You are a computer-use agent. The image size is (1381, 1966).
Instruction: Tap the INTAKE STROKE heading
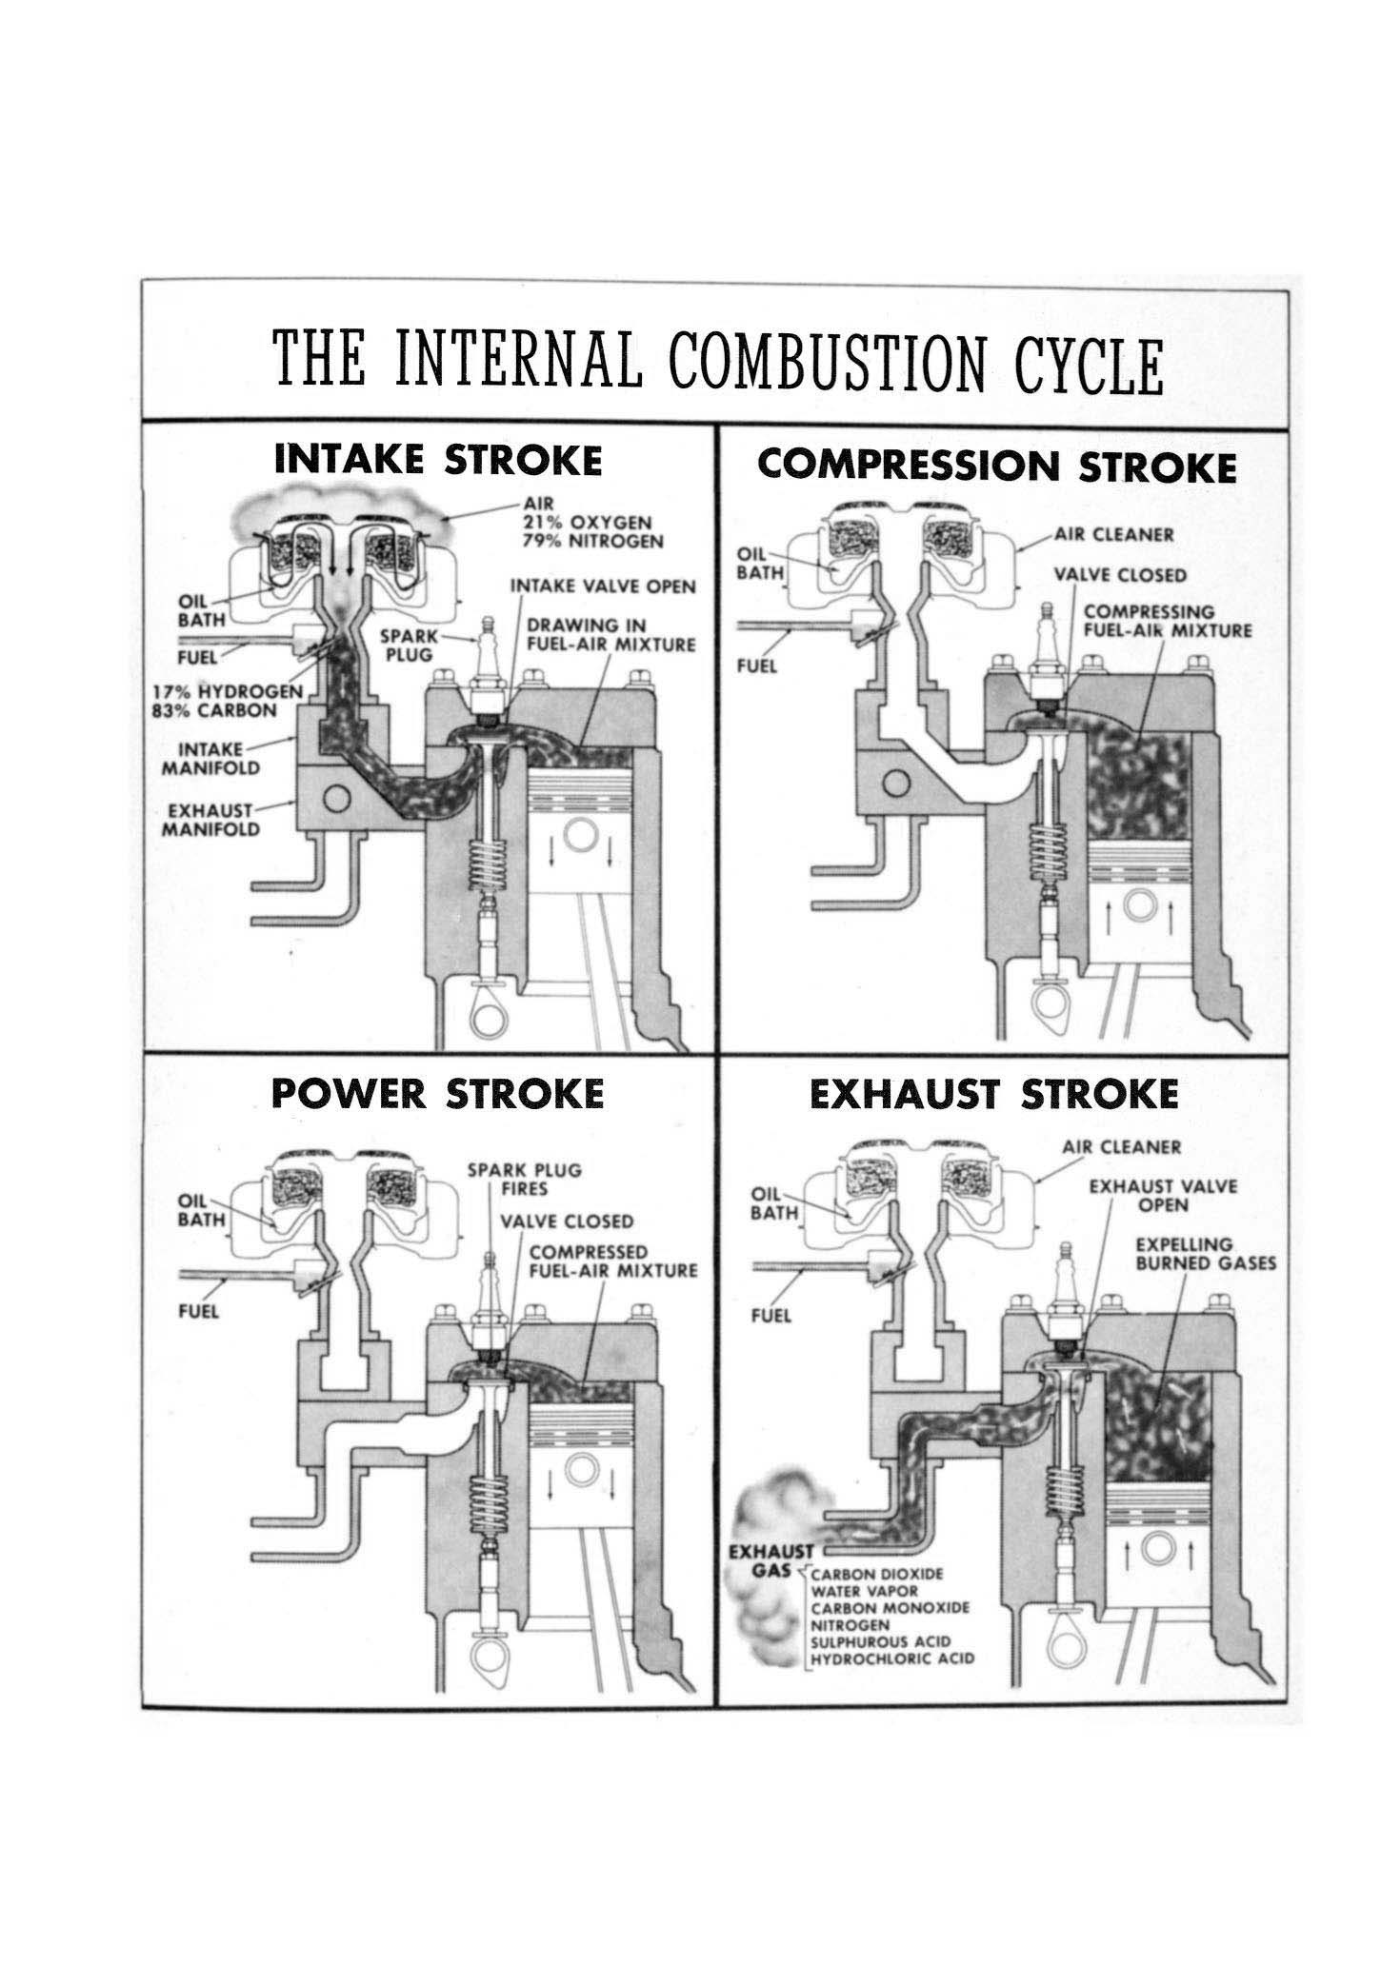(438, 461)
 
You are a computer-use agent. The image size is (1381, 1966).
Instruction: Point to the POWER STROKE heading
(437, 1093)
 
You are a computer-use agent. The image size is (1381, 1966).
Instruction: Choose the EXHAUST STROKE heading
(993, 1095)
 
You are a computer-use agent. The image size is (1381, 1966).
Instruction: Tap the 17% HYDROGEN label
(229, 692)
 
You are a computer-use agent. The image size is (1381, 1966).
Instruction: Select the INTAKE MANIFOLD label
(210, 759)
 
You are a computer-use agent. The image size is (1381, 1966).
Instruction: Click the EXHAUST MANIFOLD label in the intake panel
(210, 820)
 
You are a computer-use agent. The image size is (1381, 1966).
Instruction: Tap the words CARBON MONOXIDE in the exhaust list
(890, 1635)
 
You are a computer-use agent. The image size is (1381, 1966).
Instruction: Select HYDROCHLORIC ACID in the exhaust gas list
(891, 1685)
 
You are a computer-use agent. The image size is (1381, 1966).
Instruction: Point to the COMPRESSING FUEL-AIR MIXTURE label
(1168, 621)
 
